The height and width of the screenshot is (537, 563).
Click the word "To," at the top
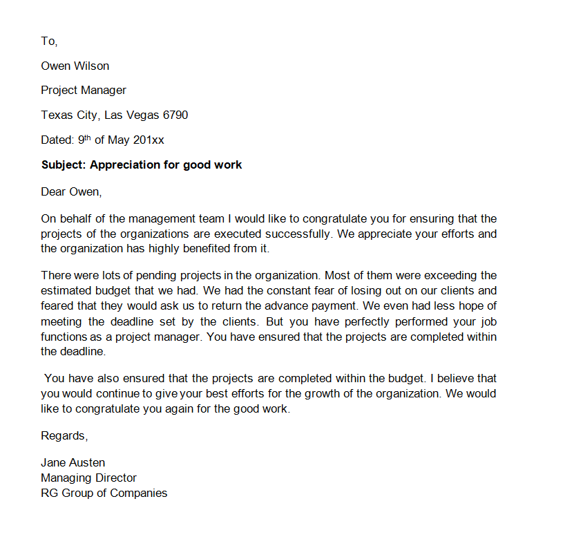point(49,41)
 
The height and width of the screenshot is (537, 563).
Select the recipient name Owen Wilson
point(75,66)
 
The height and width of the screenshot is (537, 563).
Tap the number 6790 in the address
point(175,115)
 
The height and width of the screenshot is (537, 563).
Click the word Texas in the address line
point(56,115)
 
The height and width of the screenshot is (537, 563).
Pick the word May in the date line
point(119,140)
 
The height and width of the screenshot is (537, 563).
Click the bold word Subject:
point(64,165)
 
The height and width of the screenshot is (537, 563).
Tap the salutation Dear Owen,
point(71,191)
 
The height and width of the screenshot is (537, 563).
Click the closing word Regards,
point(64,436)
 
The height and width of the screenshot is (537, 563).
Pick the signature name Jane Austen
point(73,462)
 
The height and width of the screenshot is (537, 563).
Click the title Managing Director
point(88,478)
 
